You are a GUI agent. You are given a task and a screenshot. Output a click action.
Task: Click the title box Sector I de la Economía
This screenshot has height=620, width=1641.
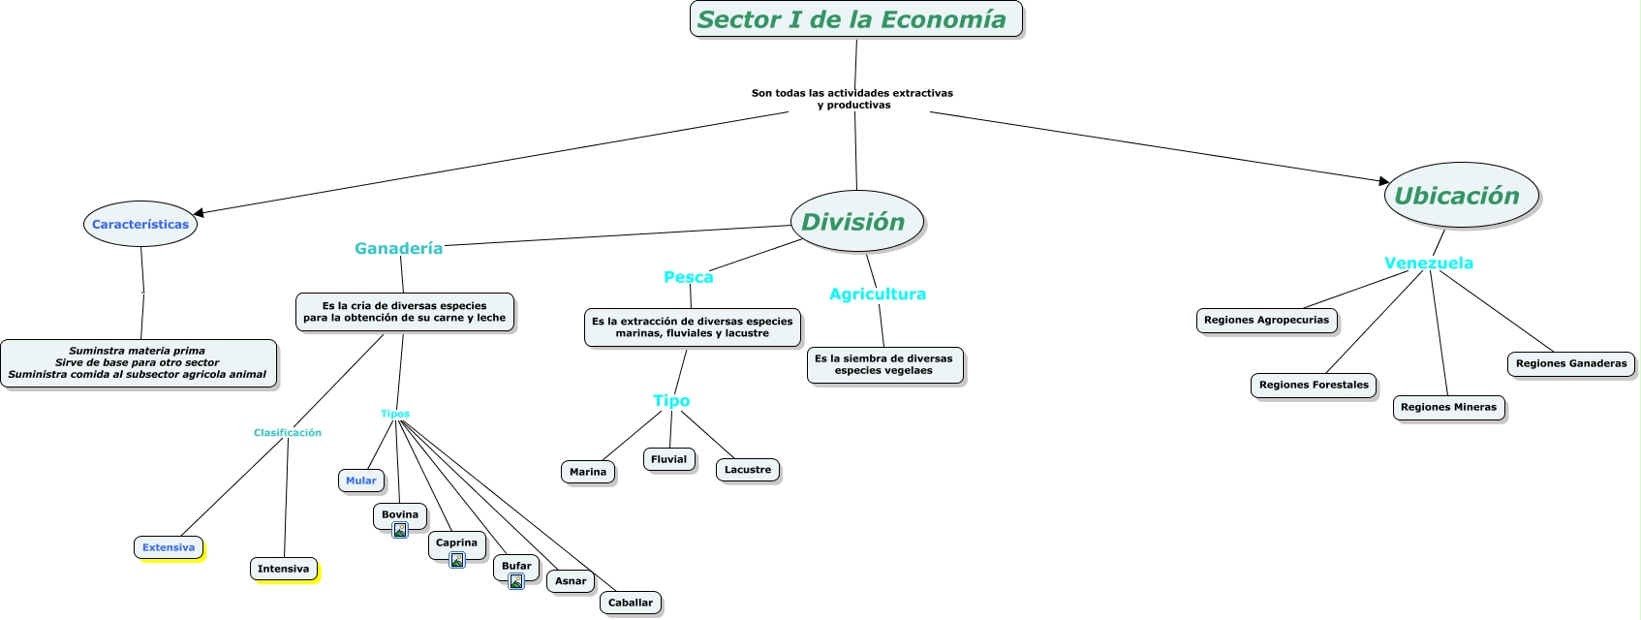[855, 19]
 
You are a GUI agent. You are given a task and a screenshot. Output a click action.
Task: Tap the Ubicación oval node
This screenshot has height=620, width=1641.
[1460, 196]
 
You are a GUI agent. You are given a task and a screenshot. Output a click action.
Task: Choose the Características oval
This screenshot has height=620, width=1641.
[140, 224]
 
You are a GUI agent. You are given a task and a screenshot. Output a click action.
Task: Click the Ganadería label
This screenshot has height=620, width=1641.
[398, 248]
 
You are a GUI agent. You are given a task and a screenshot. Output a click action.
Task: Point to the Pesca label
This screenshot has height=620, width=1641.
[688, 277]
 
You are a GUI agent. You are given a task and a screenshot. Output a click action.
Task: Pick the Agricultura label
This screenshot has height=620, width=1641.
[877, 294]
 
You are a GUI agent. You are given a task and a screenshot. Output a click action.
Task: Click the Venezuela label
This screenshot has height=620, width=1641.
[1428, 263]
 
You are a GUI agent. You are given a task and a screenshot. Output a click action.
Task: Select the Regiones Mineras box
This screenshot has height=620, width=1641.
[1448, 407]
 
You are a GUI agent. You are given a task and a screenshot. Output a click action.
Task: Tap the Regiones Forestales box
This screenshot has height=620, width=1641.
[1314, 385]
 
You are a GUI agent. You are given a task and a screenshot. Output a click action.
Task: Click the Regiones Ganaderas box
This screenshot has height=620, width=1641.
[1570, 363]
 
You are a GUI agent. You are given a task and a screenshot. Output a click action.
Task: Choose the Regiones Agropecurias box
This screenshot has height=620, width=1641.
[1266, 320]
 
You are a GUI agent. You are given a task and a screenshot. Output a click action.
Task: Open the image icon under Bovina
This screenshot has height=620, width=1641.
[400, 530]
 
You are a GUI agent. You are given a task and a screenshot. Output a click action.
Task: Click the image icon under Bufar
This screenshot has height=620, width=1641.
[516, 581]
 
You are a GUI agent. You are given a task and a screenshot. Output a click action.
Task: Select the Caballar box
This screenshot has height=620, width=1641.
[631, 603]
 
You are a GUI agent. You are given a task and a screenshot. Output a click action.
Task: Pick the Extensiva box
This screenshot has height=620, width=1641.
[169, 547]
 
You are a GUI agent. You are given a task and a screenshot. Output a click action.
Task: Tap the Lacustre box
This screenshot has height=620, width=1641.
[748, 470]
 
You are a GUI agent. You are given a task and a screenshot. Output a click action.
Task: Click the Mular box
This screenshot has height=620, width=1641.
[361, 480]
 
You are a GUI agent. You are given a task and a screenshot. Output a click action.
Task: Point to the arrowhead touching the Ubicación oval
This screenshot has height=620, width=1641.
[1384, 180]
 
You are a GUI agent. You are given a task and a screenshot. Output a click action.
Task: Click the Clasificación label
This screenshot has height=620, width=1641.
[288, 432]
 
